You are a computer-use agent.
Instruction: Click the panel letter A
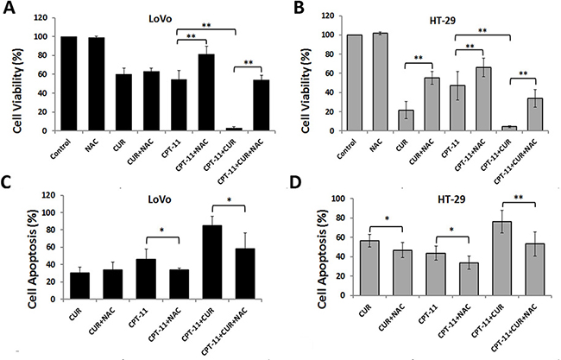click(10, 11)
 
